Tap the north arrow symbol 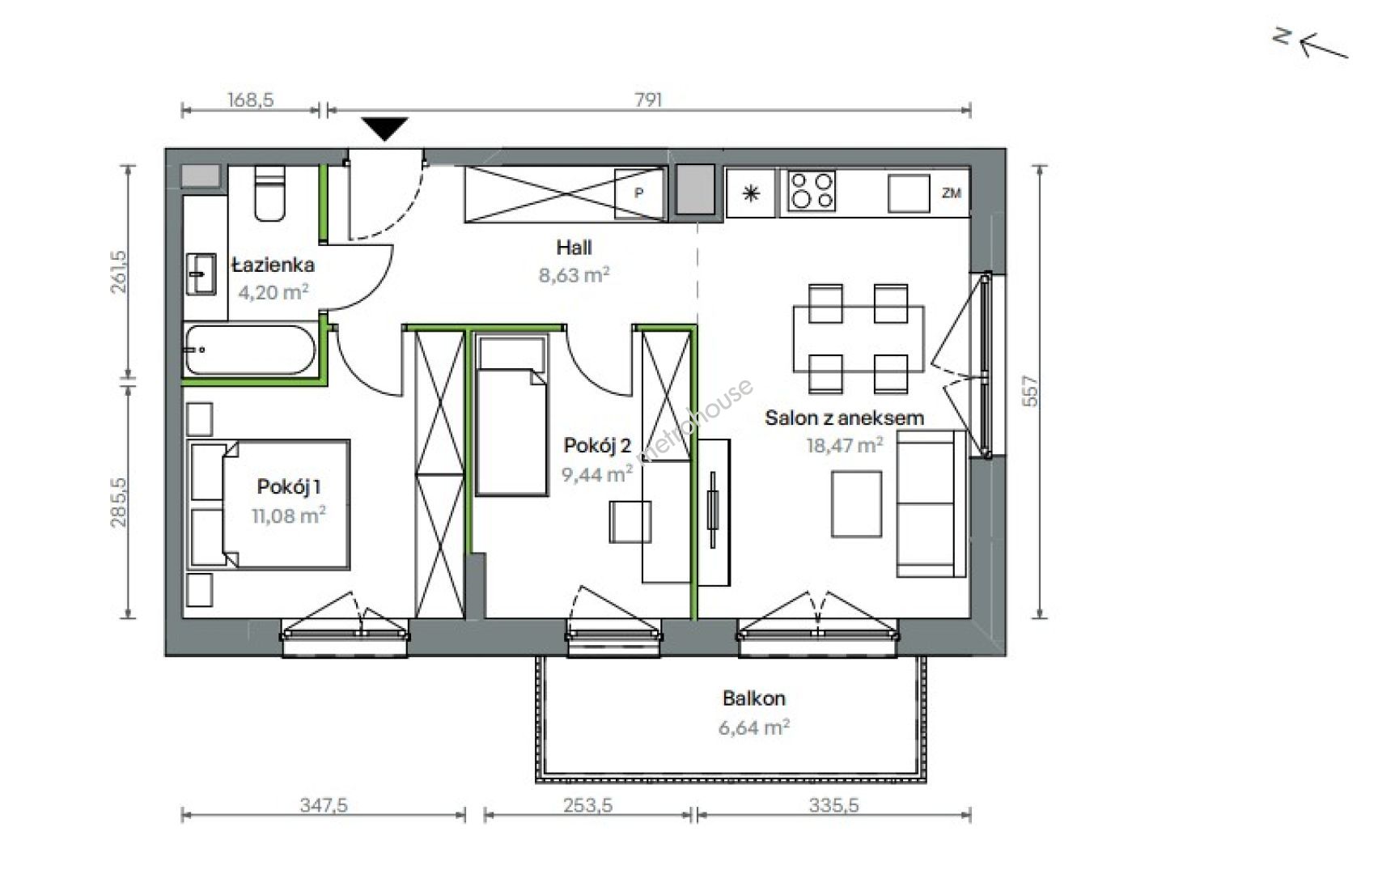[x=1311, y=45]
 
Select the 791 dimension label [x=649, y=100]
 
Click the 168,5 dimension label [x=251, y=100]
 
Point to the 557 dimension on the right [x=1030, y=391]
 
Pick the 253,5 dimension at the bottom [x=587, y=805]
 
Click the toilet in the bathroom [x=270, y=193]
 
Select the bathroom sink [x=201, y=274]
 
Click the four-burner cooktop [x=812, y=192]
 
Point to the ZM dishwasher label [x=952, y=193]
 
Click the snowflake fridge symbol [x=752, y=193]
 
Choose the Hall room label [x=574, y=248]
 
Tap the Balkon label [x=754, y=698]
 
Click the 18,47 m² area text [x=844, y=445]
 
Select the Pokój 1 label [x=289, y=486]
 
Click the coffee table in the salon [x=857, y=504]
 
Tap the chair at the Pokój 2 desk [x=630, y=522]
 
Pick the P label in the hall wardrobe [x=638, y=193]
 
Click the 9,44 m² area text [x=597, y=474]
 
